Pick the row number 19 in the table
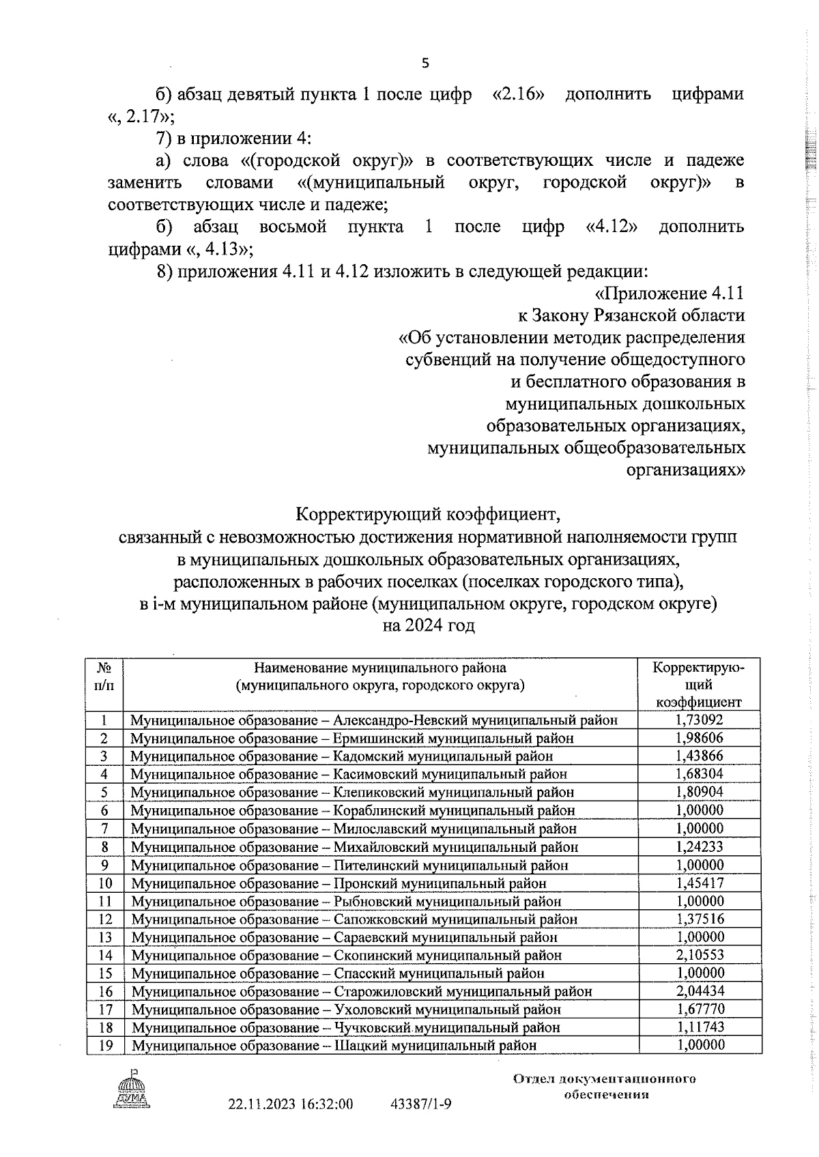click(104, 1046)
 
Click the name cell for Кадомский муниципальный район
click(341, 756)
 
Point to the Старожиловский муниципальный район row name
click(361, 991)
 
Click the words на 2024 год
click(429, 625)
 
